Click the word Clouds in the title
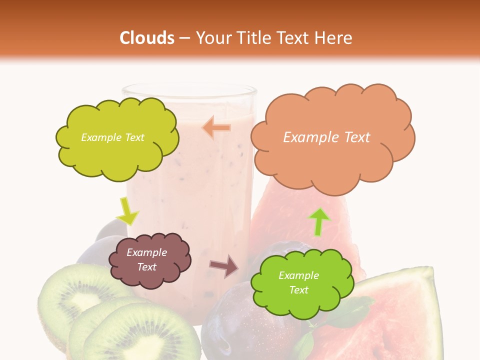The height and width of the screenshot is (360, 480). pos(147,38)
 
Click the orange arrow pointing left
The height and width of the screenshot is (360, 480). pos(216,128)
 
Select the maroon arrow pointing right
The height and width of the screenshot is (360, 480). pos(224,266)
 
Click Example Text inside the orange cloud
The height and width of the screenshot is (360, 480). pos(326,137)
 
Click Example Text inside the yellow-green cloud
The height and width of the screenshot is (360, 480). pos(112,137)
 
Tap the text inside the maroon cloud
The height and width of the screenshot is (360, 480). pos(146,260)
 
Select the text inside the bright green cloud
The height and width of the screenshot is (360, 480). pos(298,282)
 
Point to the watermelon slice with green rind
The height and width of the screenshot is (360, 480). pos(400,315)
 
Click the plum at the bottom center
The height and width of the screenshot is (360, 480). pos(235,325)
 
